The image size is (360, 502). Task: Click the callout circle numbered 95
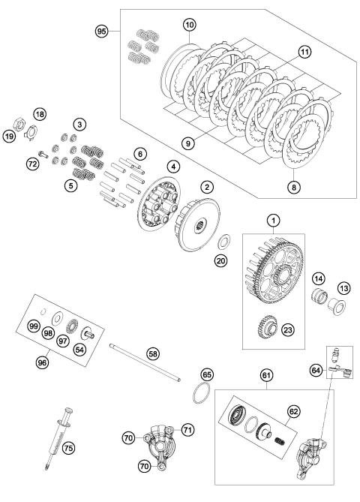coord(101,32)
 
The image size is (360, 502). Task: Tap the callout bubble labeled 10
coord(190,25)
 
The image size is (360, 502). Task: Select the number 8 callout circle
coord(294,187)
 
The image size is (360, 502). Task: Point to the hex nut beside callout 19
coord(19,125)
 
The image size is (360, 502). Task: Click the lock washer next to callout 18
coord(31,132)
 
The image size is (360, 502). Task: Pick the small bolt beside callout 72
coord(43,155)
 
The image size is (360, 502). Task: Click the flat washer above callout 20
coord(225,242)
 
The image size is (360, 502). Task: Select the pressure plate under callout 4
coord(159,203)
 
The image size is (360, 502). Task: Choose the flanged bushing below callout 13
coord(337,306)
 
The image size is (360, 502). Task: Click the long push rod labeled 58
coord(145,362)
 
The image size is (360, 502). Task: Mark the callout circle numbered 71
coord(187,429)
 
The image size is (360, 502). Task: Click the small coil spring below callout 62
coord(280,442)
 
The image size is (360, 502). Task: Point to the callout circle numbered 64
coord(316,371)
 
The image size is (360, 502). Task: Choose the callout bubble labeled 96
coord(42,362)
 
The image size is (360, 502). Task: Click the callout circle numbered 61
coord(266,375)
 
